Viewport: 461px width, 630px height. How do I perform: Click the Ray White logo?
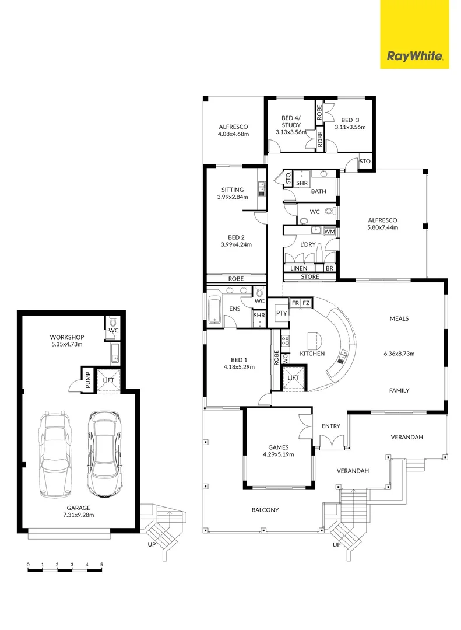click(x=414, y=57)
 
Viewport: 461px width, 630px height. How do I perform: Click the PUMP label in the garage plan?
click(x=87, y=380)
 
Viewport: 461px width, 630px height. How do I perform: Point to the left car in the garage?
click(x=55, y=454)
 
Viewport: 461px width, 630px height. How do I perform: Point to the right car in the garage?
click(x=103, y=453)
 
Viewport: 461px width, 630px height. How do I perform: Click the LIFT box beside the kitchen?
click(x=294, y=378)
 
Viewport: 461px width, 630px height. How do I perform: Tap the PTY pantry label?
click(x=281, y=313)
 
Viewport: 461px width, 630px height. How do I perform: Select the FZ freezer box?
click(x=306, y=303)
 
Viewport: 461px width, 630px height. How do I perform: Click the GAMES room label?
click(x=277, y=446)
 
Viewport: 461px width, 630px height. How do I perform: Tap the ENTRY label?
click(x=330, y=426)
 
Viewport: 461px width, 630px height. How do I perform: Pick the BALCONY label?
click(x=265, y=510)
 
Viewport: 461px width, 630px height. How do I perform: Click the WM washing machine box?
click(x=329, y=232)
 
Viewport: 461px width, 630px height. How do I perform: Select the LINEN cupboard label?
click(x=298, y=268)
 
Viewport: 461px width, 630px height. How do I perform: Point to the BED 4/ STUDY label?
click(x=291, y=121)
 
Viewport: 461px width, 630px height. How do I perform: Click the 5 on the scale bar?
click(x=101, y=565)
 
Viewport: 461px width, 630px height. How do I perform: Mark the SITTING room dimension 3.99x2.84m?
click(x=231, y=197)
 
